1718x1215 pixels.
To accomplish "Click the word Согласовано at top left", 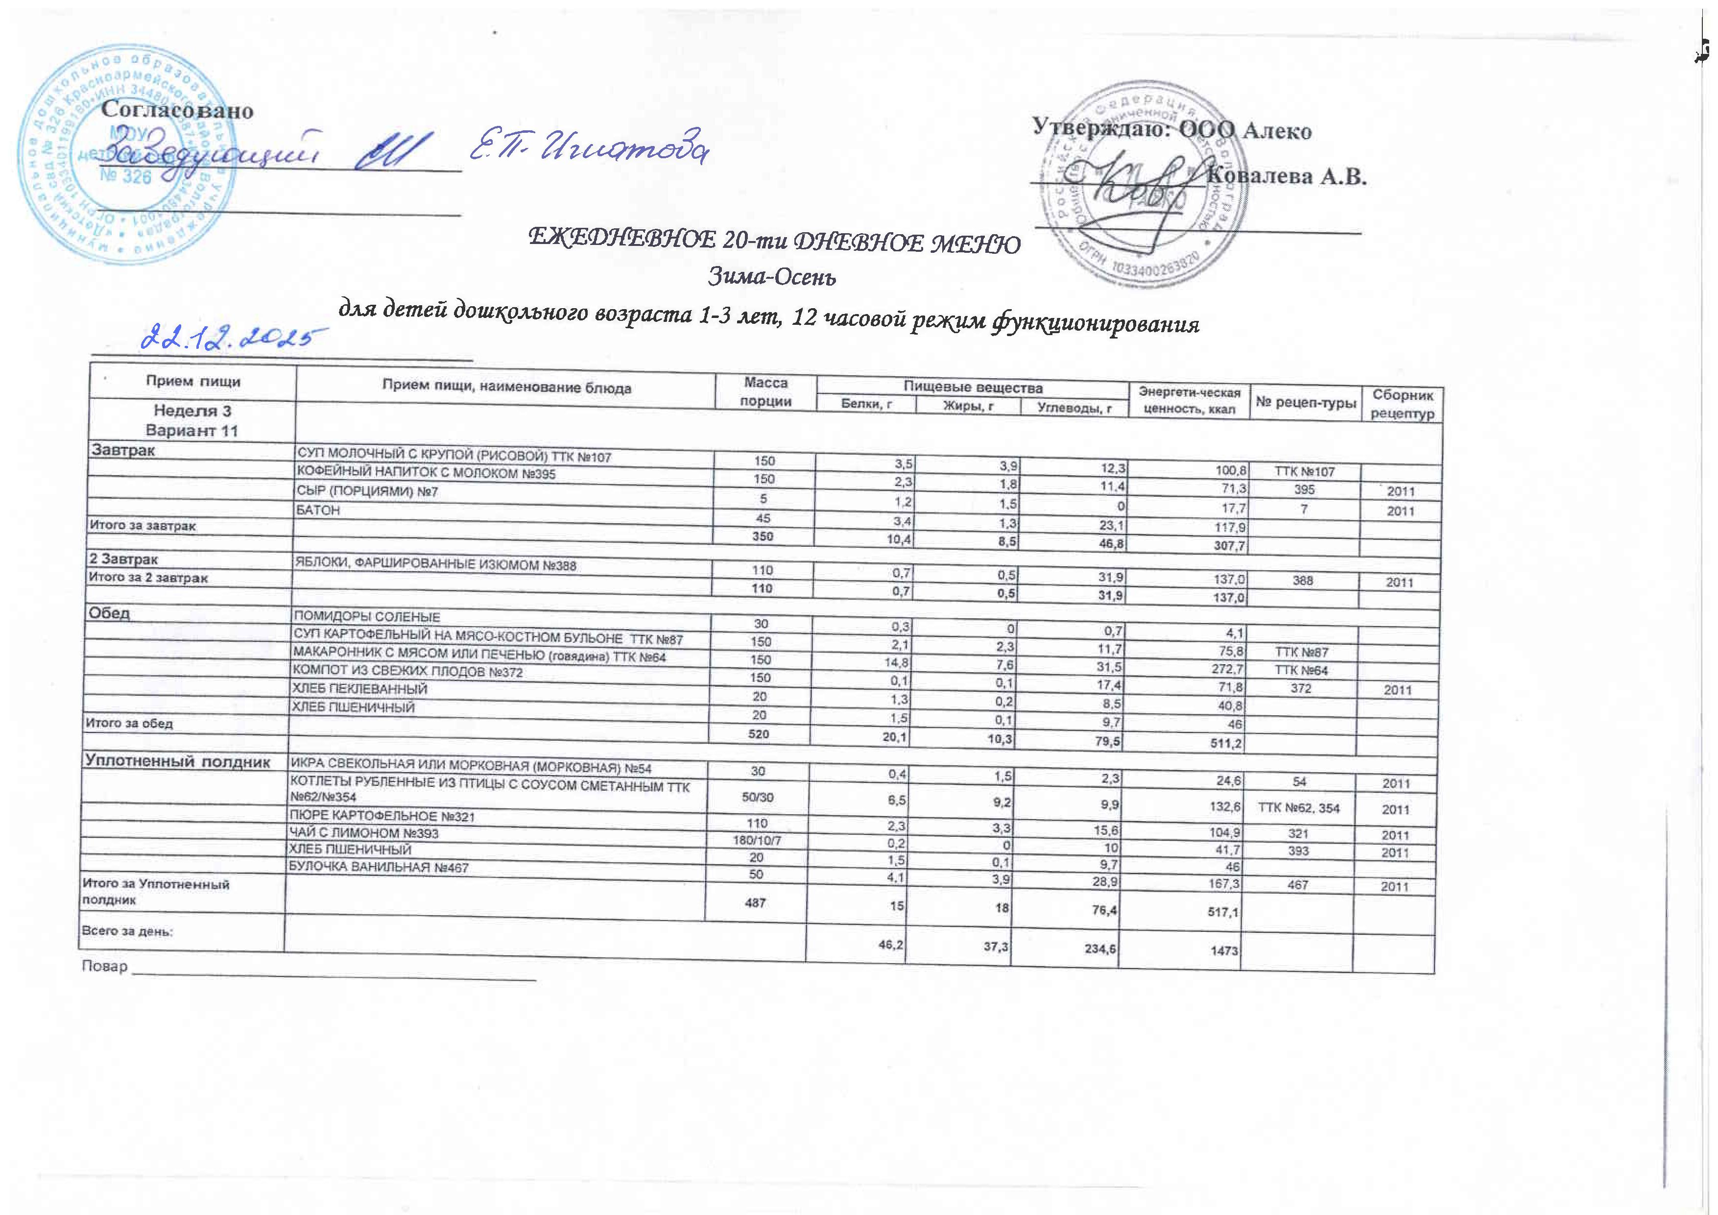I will tap(177, 111).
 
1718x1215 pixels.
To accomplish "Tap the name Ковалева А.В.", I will tap(1288, 177).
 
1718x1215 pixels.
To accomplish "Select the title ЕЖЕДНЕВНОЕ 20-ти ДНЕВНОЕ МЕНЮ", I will tap(774, 242).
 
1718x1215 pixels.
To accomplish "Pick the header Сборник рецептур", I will tap(1403, 404).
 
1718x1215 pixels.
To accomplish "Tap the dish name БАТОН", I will tap(319, 510).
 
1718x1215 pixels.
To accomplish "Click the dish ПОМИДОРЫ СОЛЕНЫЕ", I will tap(365, 617).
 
